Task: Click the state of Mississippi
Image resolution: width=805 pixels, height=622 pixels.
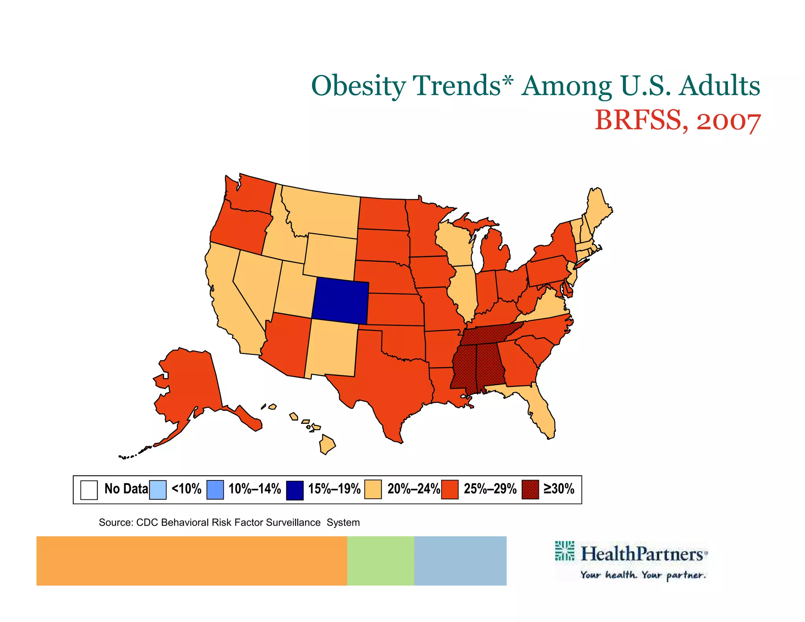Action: [464, 366]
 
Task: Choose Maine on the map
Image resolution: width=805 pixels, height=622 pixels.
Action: [597, 208]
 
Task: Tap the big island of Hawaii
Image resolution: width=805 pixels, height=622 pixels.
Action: [327, 444]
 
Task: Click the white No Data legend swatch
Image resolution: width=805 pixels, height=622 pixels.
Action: [89, 490]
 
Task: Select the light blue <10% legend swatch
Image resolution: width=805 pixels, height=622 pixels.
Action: [158, 490]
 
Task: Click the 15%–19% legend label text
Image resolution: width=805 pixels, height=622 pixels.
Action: [334, 489]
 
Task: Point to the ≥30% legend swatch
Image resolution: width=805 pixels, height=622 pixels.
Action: [530, 490]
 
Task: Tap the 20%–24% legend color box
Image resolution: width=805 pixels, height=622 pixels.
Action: [373, 490]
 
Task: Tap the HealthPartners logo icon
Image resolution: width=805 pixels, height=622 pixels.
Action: [564, 550]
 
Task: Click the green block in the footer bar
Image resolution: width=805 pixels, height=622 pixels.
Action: [380, 561]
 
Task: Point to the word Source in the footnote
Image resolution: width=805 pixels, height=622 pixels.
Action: [115, 523]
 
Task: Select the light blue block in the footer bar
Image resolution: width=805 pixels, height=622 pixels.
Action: [460, 561]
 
